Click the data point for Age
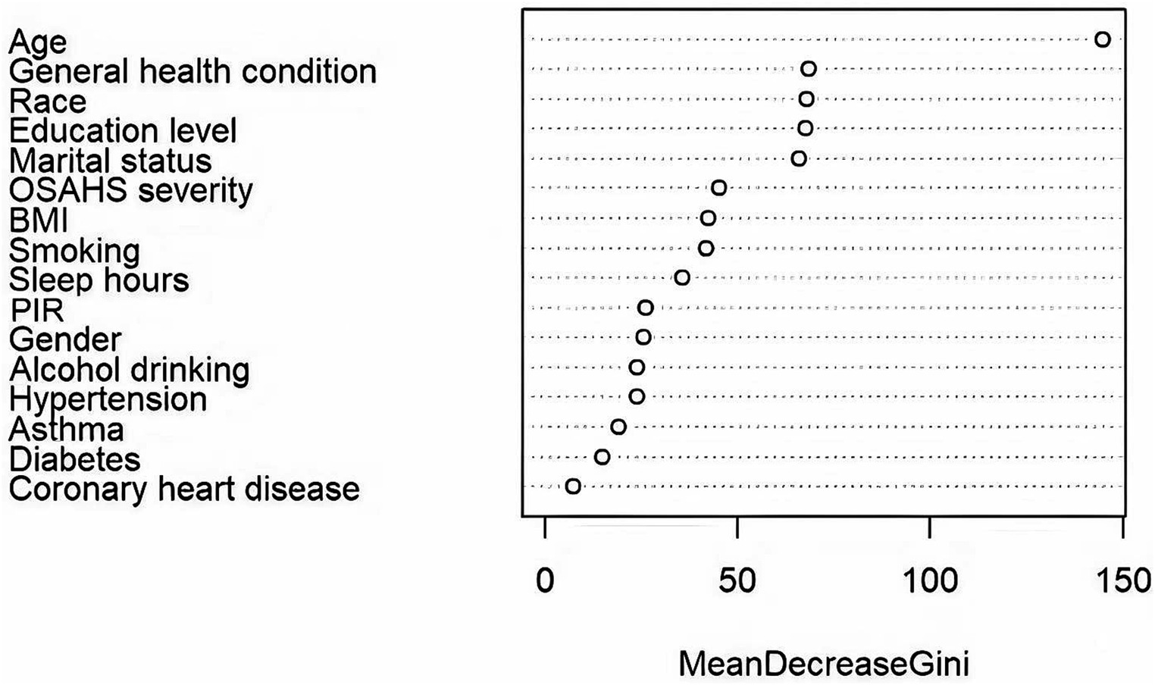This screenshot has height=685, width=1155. click(x=1103, y=39)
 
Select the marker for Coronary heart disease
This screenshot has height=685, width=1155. click(x=573, y=486)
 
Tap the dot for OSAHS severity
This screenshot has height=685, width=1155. click(x=719, y=188)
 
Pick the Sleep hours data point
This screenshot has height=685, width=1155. click(x=682, y=278)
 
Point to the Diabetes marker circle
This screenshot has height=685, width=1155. click(x=603, y=457)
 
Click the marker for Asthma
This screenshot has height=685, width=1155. click(x=618, y=427)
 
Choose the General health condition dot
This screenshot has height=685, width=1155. click(x=809, y=70)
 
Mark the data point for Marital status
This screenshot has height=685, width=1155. click(x=799, y=158)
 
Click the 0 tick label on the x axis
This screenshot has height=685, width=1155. click(x=545, y=581)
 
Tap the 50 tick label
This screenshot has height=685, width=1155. click(x=737, y=581)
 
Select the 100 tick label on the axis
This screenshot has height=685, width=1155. click(x=930, y=581)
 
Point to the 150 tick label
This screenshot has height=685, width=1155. click(x=1122, y=581)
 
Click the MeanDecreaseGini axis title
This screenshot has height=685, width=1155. click(x=823, y=664)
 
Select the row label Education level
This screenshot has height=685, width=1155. click(x=123, y=130)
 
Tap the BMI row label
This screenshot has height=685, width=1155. click(x=39, y=221)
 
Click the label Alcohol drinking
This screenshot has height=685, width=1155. click(x=130, y=370)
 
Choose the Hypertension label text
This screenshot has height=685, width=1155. click(x=108, y=399)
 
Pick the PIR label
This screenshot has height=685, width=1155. click(x=36, y=310)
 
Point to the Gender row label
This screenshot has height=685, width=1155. click(x=65, y=339)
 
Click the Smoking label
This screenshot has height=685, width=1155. click(x=74, y=250)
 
